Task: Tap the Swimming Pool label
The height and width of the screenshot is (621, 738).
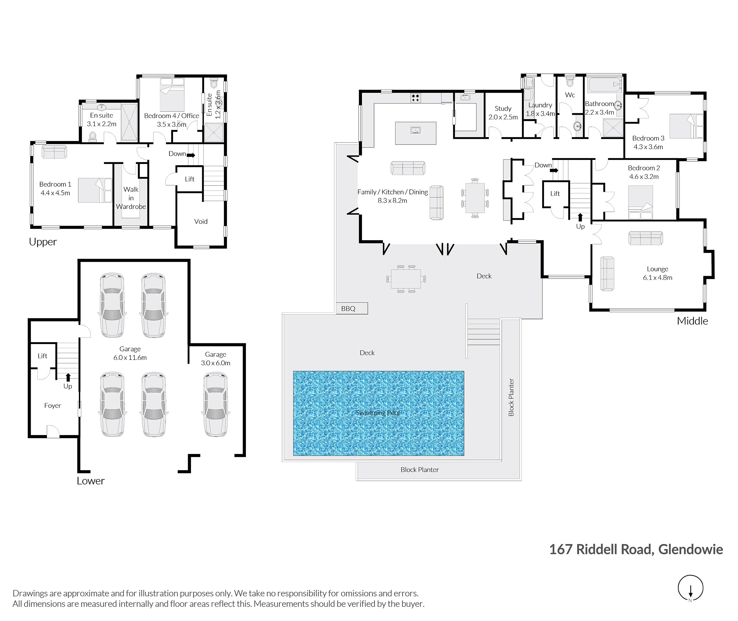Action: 378,413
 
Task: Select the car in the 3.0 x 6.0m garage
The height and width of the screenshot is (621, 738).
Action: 215,405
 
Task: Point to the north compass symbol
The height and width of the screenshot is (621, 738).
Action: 690,588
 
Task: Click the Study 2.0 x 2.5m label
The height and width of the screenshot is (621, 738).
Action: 503,113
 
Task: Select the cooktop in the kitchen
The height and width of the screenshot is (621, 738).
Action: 415,98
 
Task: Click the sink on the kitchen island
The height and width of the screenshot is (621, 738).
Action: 416,131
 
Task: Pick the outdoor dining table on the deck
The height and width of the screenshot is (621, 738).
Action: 406,279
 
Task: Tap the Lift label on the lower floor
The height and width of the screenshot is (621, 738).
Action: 42,356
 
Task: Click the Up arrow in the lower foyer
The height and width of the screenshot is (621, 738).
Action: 68,377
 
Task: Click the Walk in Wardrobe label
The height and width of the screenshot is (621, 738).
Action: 131,198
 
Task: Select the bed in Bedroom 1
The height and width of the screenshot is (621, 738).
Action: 94,190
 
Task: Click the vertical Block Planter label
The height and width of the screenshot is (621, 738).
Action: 511,397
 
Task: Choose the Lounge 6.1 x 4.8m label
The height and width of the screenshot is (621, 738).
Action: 657,273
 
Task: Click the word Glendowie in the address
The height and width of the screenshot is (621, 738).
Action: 690,549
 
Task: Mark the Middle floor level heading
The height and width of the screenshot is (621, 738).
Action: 692,321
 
